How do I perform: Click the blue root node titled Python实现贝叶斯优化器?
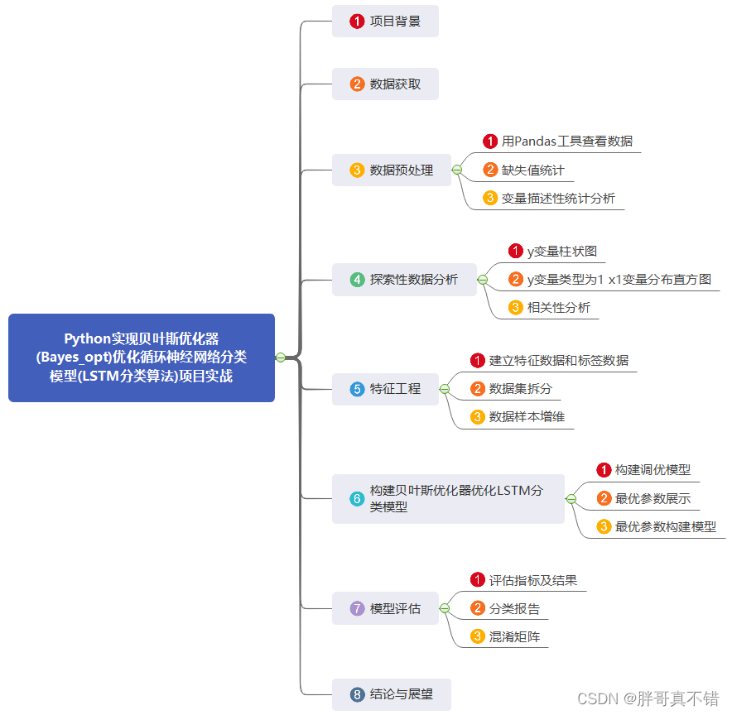pos(141,357)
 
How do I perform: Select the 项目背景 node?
pos(385,22)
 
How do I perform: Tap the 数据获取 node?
pos(385,84)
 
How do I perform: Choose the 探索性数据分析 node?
pos(404,280)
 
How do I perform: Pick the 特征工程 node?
pos(385,389)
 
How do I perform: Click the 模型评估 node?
pos(385,609)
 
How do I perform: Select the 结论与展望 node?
pos(392,695)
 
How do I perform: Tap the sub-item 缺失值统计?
pos(532,170)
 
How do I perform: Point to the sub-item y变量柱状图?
pos(561,251)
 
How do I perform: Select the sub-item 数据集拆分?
pos(520,389)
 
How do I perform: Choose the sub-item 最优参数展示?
pos(653,499)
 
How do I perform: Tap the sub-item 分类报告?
pos(513,609)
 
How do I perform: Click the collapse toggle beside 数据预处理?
pos(456,170)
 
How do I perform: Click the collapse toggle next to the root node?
pos(281,357)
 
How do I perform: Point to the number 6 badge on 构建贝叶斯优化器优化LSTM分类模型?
pos(357,499)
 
